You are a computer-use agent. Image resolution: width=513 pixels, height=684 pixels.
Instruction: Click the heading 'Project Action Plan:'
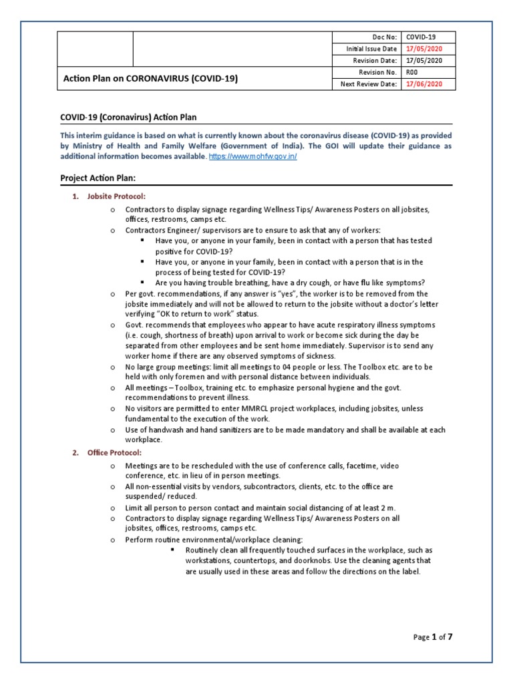pos(98,178)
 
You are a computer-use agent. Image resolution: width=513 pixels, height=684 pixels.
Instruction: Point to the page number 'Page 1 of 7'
pos(433,637)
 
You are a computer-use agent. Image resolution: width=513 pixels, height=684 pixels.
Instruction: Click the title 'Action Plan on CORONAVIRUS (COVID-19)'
pos(150,78)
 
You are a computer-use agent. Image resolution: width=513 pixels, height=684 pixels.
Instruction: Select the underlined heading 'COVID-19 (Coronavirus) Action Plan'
pos(128,118)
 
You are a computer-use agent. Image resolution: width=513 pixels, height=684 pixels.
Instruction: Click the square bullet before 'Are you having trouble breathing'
pos(144,283)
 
